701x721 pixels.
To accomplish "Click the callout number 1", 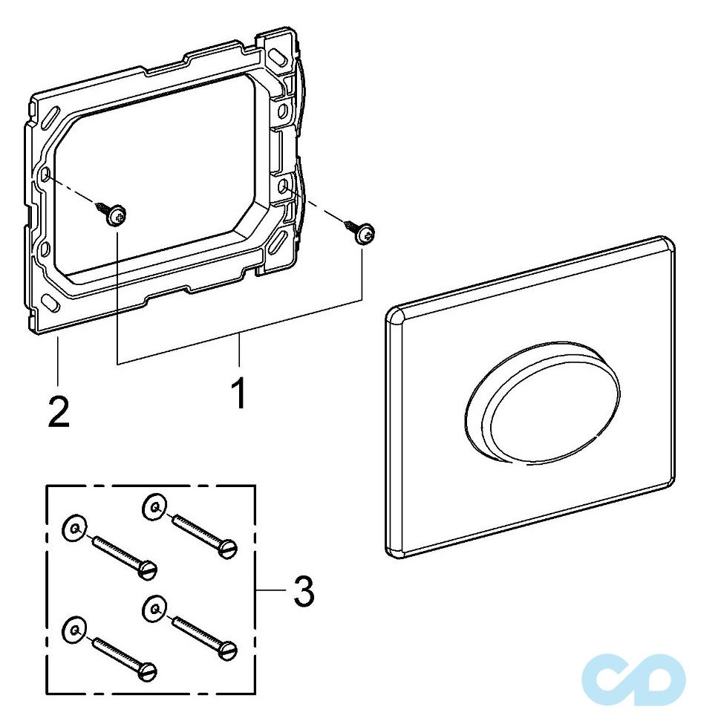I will pos(239,393).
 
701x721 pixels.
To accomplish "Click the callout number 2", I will pos(58,410).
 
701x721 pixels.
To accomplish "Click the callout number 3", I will pos(303,592).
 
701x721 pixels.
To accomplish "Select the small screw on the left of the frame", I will pos(115,215).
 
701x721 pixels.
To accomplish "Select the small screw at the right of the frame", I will pos(365,233).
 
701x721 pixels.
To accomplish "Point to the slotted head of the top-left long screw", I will pos(148,570).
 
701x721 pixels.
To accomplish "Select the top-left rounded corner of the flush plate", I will pos(394,315).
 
